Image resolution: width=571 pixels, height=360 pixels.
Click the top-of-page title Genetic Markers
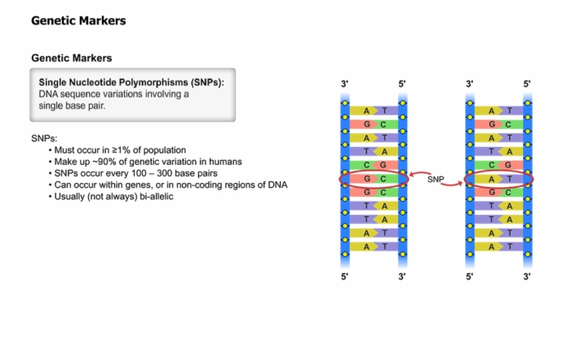[78, 20]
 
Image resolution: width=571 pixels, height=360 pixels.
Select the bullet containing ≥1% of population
[117, 150]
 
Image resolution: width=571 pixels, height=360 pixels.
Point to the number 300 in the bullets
[165, 173]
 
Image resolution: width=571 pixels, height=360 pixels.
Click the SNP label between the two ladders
[436, 180]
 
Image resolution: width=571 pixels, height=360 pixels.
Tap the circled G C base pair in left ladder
[374, 179]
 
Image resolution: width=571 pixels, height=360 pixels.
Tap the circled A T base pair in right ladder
[499, 179]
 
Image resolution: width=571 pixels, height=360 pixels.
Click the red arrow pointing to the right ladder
[452, 184]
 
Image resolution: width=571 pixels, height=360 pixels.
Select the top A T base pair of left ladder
[374, 111]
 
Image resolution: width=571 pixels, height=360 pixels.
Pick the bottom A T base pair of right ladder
[499, 247]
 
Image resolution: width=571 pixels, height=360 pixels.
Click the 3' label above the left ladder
[344, 84]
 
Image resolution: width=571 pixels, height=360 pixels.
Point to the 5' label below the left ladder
[344, 277]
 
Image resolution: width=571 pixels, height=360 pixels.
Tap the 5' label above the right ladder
[527, 84]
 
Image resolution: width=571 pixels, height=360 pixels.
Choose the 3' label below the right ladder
[527, 277]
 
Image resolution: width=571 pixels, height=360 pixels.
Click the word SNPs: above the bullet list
[44, 139]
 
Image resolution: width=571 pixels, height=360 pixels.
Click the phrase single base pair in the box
[72, 105]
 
